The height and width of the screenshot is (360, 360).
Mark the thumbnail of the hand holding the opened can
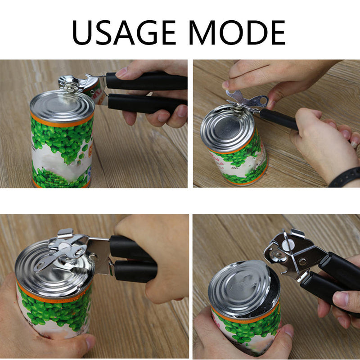click(288, 331)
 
